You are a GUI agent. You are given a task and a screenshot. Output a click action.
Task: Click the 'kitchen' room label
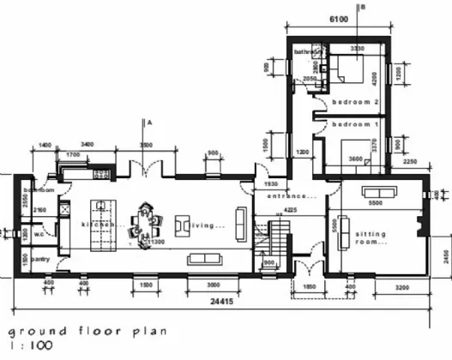coord(97,225)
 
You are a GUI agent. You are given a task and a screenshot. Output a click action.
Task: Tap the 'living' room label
coord(208,225)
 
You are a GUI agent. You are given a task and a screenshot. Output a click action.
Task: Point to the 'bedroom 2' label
coord(355,101)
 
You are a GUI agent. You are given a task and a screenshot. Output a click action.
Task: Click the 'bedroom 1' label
coord(355,124)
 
